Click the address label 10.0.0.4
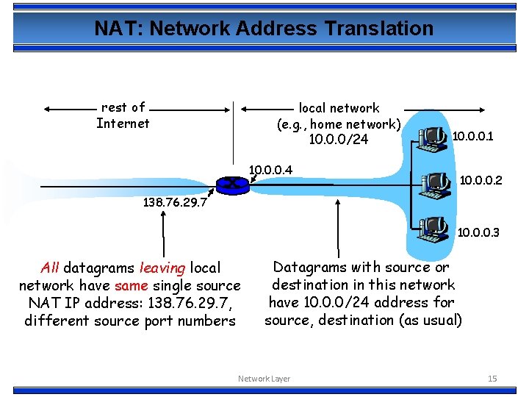click(x=271, y=171)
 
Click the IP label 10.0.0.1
click(x=472, y=136)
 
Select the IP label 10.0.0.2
click(x=481, y=179)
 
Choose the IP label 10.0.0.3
click(x=478, y=233)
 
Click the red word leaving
click(x=162, y=268)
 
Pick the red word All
click(x=50, y=268)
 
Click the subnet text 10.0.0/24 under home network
click(x=339, y=140)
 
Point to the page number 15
click(x=492, y=379)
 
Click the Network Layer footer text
click(x=264, y=379)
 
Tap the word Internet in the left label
click(x=123, y=124)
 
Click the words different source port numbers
click(x=130, y=321)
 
